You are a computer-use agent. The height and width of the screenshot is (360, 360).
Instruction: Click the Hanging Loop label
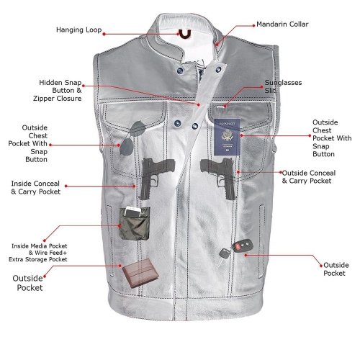[x=79, y=30]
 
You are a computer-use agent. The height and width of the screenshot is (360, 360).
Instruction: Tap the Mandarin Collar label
[x=282, y=24]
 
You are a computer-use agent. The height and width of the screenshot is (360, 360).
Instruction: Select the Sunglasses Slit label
[x=283, y=86]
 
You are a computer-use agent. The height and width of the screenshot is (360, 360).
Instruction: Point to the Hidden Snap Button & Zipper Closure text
[x=58, y=91]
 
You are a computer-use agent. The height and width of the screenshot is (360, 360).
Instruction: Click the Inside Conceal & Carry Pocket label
[x=35, y=187]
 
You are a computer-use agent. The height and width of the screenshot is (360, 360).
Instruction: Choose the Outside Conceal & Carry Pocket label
[x=309, y=177]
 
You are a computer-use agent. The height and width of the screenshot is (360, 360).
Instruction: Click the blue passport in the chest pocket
[x=227, y=137]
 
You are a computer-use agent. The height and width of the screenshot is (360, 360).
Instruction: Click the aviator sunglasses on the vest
[x=132, y=138]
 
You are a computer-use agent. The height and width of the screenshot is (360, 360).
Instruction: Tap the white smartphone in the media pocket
[x=133, y=212]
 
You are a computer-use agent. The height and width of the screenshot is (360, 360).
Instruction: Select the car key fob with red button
[x=243, y=246]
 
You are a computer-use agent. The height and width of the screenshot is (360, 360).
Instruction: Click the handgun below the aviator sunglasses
[x=156, y=176]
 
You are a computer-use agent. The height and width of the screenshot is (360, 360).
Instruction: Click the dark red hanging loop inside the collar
[x=185, y=35]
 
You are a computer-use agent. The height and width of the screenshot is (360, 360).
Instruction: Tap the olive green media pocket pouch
[x=135, y=224]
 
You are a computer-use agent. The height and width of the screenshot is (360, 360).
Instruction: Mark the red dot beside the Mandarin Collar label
[x=253, y=25]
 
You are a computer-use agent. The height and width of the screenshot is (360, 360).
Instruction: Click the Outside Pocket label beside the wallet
[x=28, y=283]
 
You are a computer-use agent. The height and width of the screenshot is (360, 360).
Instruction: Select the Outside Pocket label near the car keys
[x=336, y=269]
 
